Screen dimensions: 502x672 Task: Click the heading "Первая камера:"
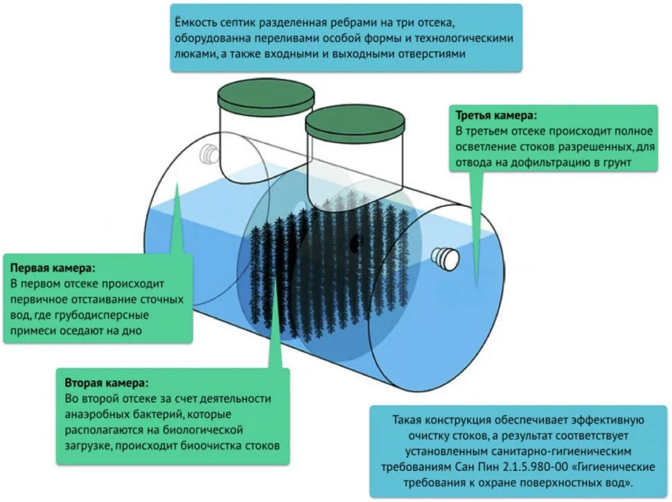click(x=52, y=267)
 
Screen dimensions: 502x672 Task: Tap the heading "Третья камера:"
click(x=496, y=115)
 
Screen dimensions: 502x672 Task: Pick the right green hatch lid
click(x=354, y=122)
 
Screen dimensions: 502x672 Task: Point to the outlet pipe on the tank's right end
click(x=445, y=258)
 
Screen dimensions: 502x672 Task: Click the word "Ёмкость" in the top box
click(x=199, y=21)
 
